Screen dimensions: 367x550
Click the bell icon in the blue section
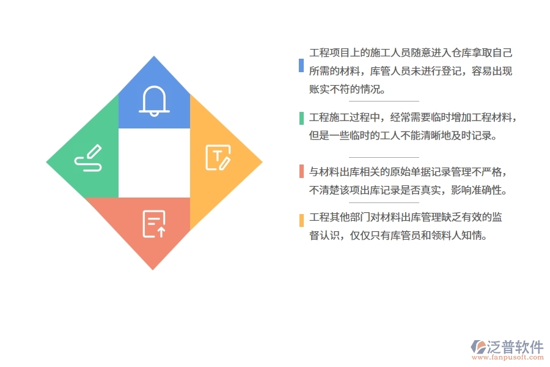(154, 100)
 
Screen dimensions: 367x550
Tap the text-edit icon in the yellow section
(218, 157)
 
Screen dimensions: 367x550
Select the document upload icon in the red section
(153, 223)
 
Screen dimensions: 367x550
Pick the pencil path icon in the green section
(88, 158)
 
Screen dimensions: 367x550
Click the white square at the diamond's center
(154, 163)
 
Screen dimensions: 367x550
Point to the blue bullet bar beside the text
(301, 65)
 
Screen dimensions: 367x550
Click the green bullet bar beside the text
(301, 118)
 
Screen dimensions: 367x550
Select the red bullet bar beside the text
(301, 171)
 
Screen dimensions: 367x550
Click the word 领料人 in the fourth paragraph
(452, 235)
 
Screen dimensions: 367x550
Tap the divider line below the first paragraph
(384, 101)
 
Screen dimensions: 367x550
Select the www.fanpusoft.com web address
(507, 358)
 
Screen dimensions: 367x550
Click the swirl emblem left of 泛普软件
(477, 347)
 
